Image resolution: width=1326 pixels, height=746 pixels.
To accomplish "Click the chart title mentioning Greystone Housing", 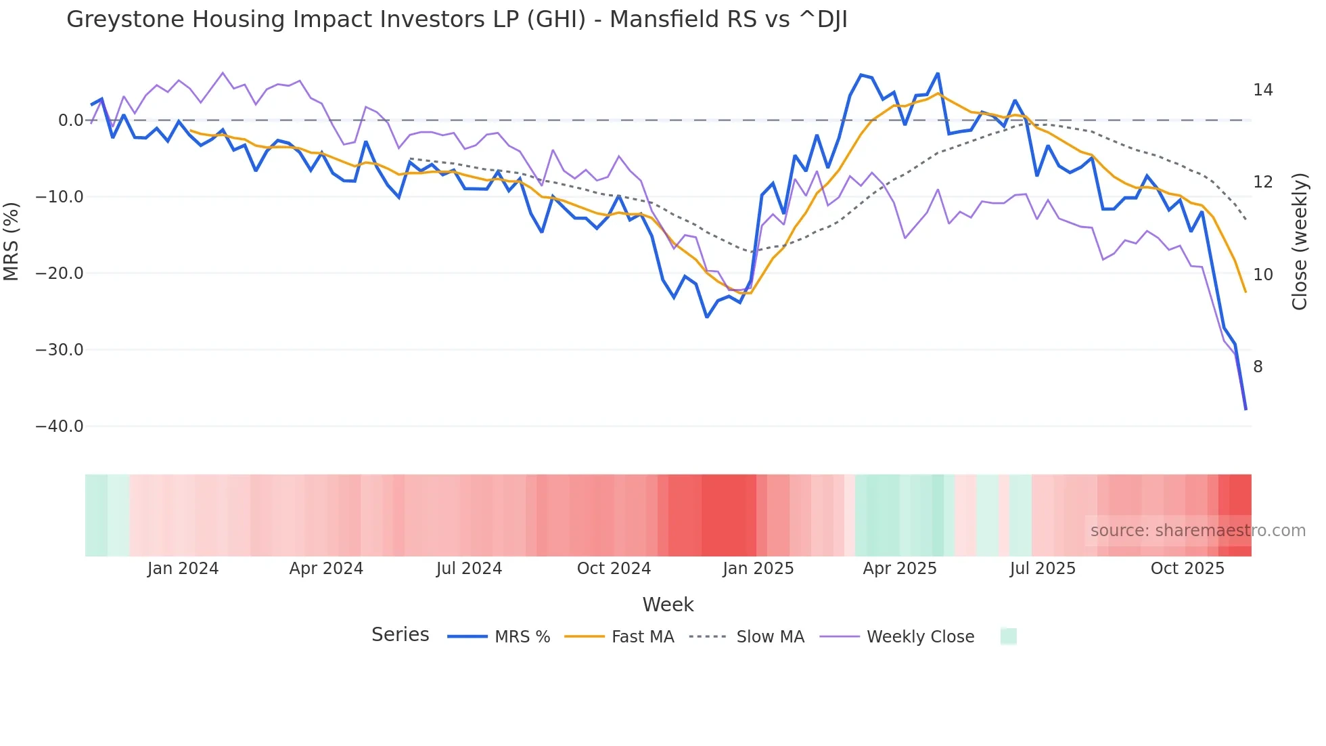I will coord(457,20).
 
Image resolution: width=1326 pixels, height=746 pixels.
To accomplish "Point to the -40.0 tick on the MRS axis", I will coord(60,426).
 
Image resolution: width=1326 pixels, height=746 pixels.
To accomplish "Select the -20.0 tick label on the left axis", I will coord(60,273).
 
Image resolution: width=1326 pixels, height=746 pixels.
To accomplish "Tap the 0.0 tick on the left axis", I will coord(70,120).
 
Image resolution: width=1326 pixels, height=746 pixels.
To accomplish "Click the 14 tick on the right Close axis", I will coord(1262,90).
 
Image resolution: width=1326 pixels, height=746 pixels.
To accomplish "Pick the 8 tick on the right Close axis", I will coord(1258,367).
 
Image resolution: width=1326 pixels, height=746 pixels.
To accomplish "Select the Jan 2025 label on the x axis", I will coord(758,569).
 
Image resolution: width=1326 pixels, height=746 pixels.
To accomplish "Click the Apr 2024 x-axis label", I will coord(326,569).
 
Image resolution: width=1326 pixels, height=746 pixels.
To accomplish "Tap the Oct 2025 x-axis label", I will coord(1187,569).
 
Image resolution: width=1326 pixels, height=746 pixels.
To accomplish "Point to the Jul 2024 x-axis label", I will coord(469,569).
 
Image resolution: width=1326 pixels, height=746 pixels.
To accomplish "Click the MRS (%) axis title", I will coord(12,242).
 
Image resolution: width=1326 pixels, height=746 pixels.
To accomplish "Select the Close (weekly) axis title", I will coord(1300,242).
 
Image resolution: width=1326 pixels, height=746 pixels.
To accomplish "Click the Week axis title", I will coord(668,605).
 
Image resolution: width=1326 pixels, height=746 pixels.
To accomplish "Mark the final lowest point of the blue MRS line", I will coord(1245,410).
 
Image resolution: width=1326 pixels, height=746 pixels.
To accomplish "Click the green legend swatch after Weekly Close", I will coord(1008,636).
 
